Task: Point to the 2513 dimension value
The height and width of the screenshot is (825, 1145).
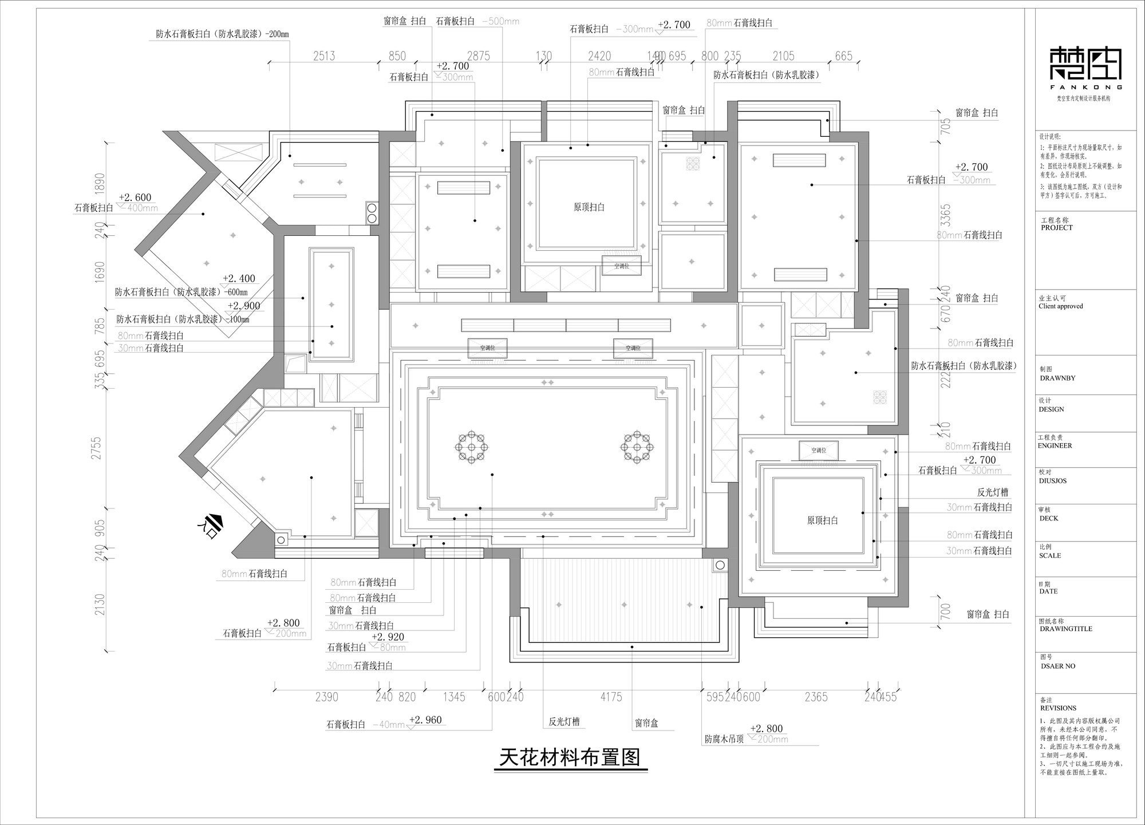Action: tap(324, 56)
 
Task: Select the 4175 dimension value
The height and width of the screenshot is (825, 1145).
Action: tap(611, 697)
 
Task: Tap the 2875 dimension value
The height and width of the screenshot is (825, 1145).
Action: tap(479, 56)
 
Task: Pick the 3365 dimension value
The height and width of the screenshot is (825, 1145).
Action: tap(946, 215)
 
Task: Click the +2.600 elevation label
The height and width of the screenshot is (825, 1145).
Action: tap(135, 198)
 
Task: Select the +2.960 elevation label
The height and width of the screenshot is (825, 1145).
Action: tap(425, 720)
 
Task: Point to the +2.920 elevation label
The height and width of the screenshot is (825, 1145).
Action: tap(388, 637)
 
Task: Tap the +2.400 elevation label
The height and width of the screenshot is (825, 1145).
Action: tap(239, 279)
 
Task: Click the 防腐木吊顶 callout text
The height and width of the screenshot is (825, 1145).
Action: tap(724, 739)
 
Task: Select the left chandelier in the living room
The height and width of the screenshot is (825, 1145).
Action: tap(472, 447)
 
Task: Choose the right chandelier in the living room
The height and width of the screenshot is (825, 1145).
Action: tap(637, 447)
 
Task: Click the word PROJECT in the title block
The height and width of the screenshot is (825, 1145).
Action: tap(1057, 228)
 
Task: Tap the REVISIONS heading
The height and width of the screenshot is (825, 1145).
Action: tap(1059, 708)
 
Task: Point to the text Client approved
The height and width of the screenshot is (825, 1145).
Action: tap(1061, 306)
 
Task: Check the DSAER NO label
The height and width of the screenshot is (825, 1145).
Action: tap(1058, 666)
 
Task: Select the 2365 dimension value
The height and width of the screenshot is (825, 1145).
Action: tap(816, 697)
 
